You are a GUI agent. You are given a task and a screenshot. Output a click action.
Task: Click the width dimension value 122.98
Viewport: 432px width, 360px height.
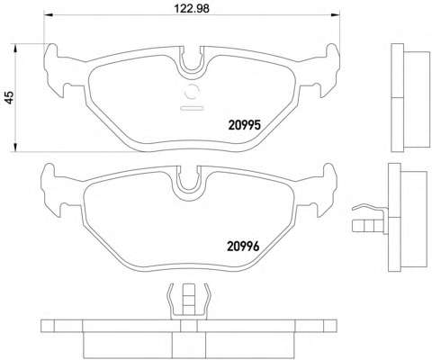(192, 8)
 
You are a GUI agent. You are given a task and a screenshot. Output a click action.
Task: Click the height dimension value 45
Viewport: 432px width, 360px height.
(10, 97)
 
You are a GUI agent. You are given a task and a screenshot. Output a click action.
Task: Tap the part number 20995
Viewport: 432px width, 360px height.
(245, 125)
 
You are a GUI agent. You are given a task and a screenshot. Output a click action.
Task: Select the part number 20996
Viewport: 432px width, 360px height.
(243, 247)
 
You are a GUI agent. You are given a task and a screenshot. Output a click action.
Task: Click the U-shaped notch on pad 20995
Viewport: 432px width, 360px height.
(192, 65)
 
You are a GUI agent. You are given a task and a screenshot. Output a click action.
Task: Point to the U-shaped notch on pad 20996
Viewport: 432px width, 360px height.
(188, 184)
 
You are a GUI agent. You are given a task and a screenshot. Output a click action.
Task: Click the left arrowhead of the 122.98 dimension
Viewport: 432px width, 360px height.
(49, 15)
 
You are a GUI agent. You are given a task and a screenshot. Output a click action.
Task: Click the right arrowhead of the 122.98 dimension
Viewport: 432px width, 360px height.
(336, 15)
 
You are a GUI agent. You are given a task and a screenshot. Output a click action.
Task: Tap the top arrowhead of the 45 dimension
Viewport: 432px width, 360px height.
(15, 49)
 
